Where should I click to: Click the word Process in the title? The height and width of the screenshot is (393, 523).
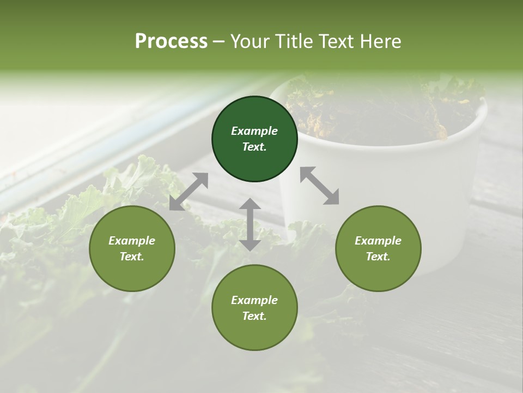point(171,41)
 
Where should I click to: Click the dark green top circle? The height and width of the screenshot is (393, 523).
point(254,139)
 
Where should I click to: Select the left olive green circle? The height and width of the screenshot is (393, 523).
point(132,248)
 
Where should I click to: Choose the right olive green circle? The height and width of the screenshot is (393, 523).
point(378,248)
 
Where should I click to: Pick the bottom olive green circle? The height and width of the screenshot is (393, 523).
point(254,308)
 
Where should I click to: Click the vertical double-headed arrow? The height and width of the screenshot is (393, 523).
point(250,224)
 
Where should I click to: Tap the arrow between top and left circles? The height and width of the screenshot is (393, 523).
point(188,192)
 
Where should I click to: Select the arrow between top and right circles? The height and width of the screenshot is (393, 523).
point(319,186)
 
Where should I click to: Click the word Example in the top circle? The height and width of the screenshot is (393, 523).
point(254,131)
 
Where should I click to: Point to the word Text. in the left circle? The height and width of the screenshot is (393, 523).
point(132,257)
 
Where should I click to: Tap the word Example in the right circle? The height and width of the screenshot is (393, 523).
point(378,241)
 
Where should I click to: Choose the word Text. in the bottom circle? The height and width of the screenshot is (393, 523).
point(254,316)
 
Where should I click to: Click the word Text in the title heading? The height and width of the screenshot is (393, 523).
point(336,41)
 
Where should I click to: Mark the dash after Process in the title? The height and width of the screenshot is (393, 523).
point(219,42)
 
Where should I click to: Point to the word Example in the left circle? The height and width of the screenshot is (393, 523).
point(132,241)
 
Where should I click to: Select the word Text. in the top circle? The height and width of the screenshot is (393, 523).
point(254,147)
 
